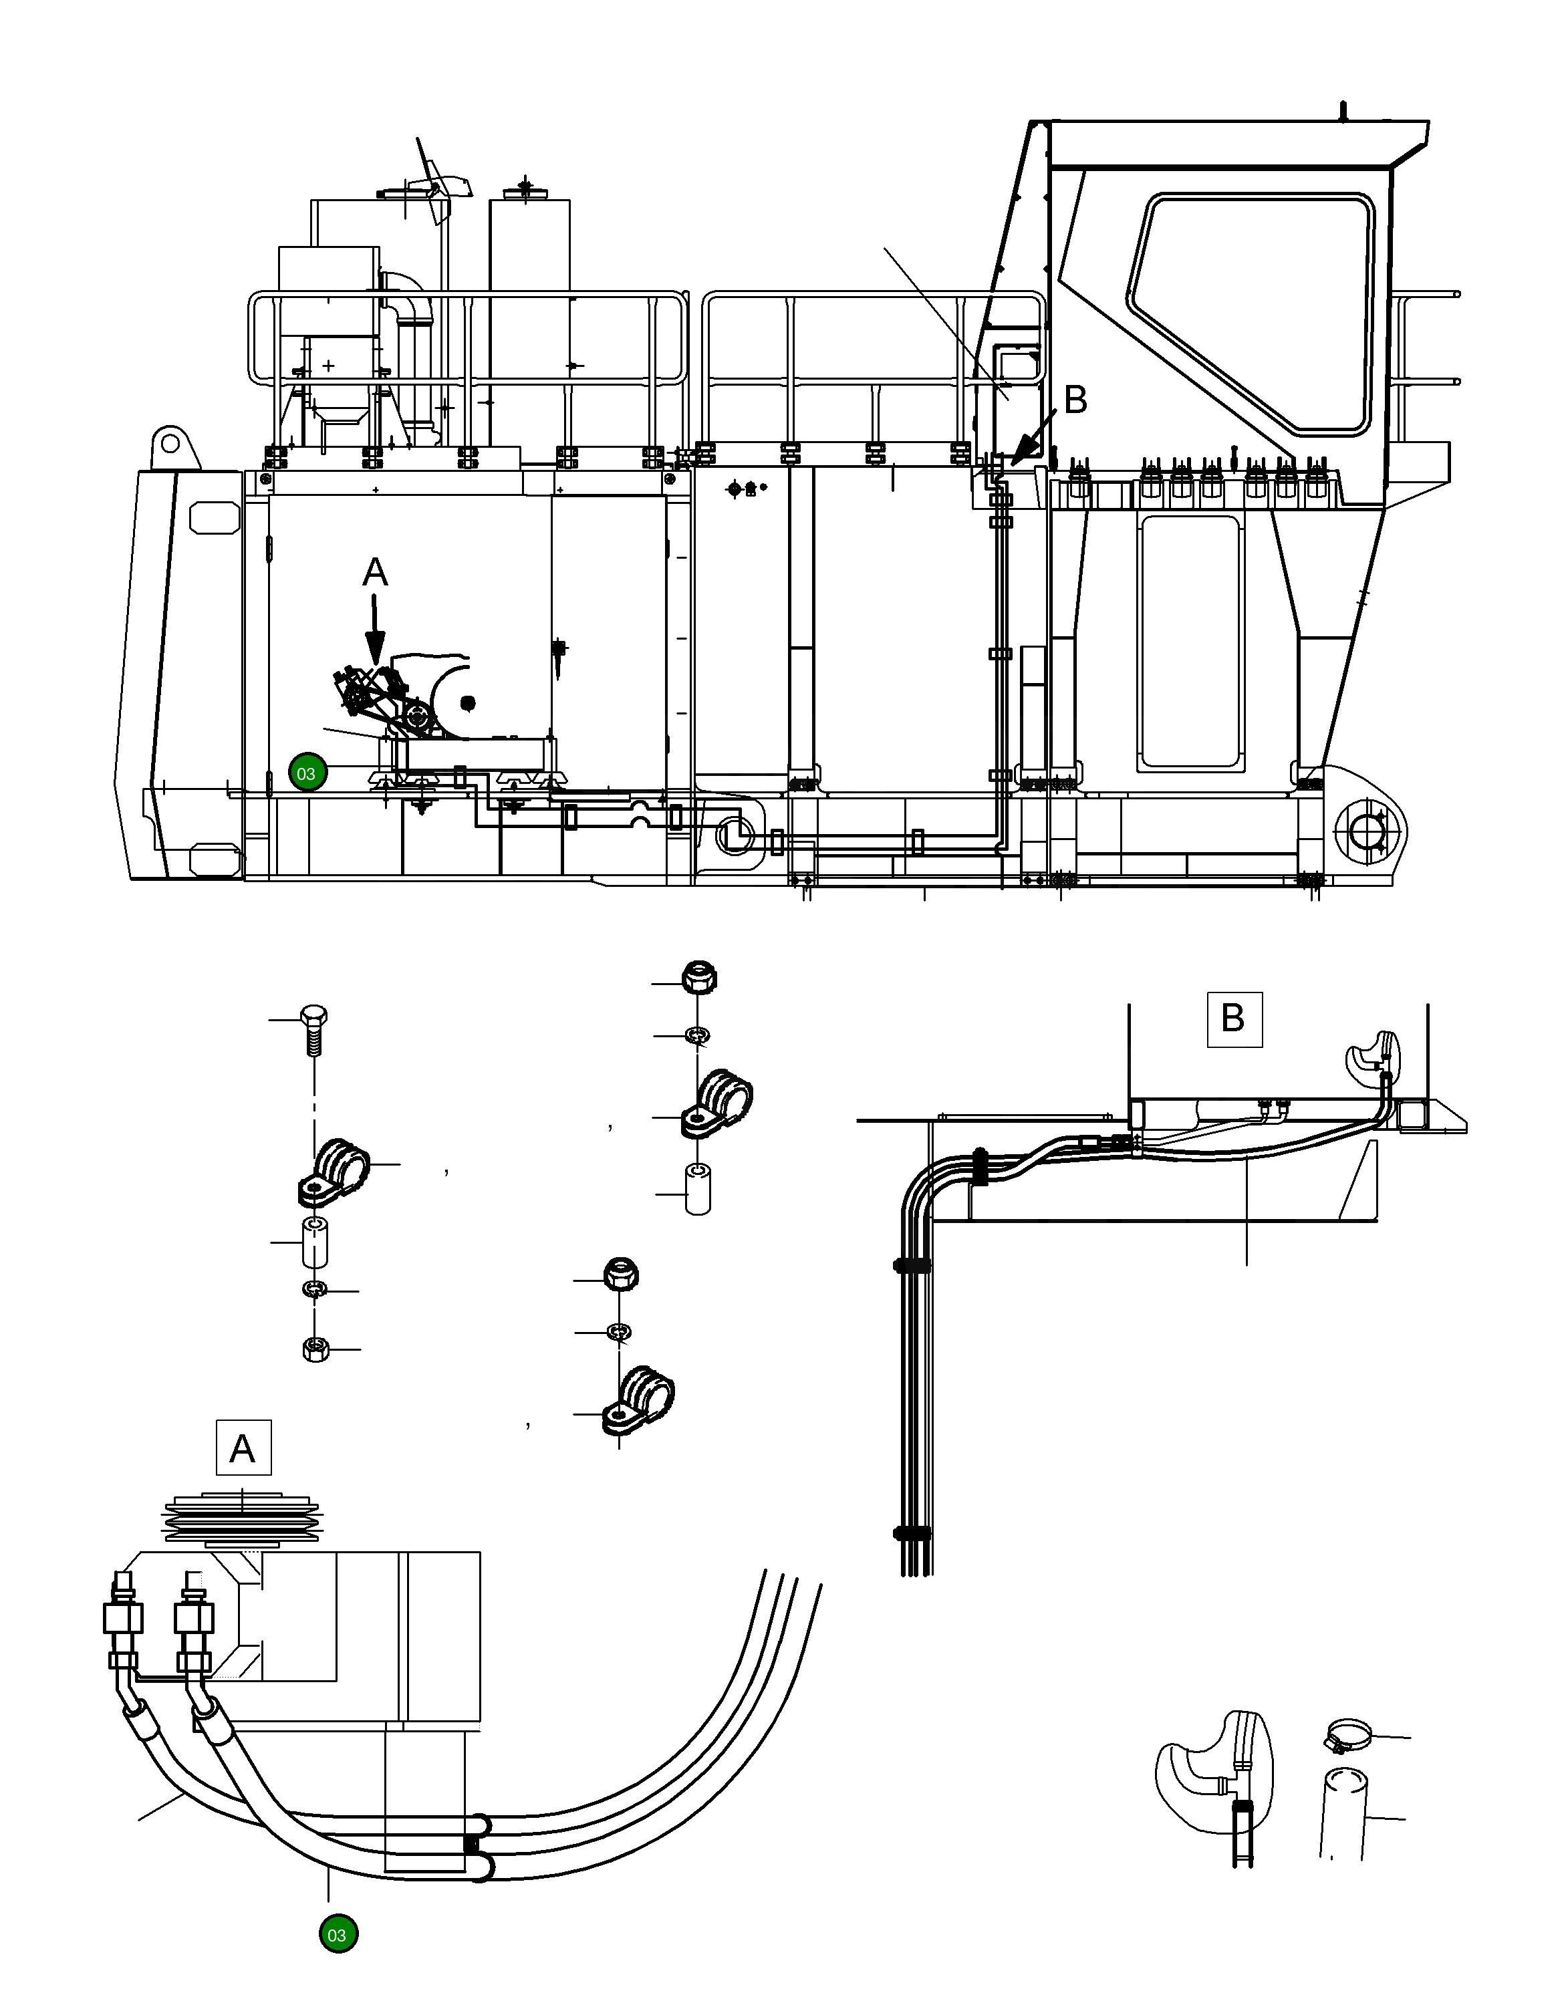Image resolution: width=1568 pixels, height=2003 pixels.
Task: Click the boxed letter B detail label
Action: [1233, 1019]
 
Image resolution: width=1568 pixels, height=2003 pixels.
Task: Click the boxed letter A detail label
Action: [243, 1448]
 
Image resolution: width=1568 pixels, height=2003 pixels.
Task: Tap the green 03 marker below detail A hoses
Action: [337, 1935]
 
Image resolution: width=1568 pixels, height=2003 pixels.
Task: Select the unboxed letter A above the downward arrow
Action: [374, 573]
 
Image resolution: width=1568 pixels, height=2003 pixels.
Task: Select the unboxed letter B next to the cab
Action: [1074, 400]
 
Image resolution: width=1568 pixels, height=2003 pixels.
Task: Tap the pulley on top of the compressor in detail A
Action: [241, 1522]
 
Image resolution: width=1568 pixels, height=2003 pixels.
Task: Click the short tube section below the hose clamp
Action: [1344, 1813]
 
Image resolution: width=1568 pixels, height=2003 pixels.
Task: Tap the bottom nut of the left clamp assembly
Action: [315, 1349]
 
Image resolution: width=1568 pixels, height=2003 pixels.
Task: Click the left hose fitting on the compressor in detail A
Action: [122, 1620]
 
